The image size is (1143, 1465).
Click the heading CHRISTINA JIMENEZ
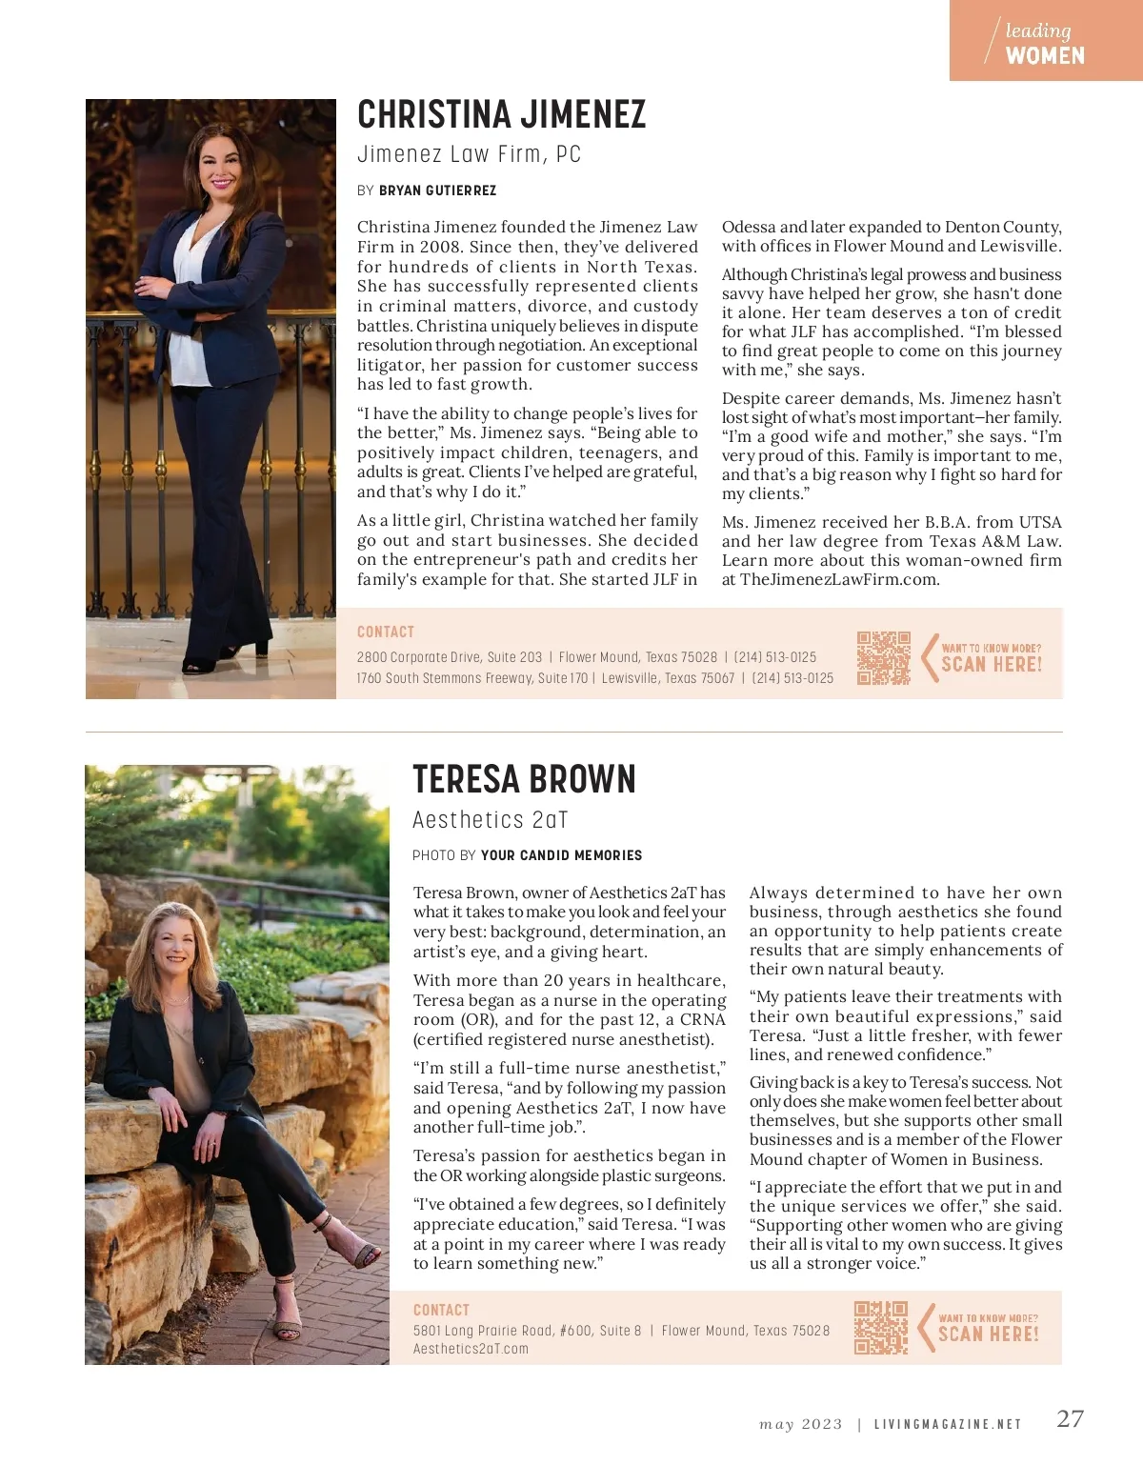[501, 115]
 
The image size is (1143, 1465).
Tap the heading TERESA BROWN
[524, 780]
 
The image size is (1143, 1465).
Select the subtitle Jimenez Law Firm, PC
[469, 154]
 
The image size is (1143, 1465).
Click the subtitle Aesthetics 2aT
[490, 820]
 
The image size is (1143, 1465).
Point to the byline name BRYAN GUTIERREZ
[437, 191]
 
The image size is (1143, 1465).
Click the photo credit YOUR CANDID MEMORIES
[561, 855]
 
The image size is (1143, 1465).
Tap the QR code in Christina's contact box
[883, 657]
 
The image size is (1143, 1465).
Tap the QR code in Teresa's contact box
[881, 1327]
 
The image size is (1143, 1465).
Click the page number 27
[1070, 1419]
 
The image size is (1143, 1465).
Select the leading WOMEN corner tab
[1045, 43]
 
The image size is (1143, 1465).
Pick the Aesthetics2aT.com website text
[471, 1349]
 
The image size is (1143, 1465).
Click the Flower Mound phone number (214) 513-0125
[774, 657]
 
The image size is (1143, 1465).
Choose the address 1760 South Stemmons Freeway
[446, 678]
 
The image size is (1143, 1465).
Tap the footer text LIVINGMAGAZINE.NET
[947, 1425]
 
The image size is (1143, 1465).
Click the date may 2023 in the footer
[800, 1425]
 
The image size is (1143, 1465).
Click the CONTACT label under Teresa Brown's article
[441, 1310]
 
